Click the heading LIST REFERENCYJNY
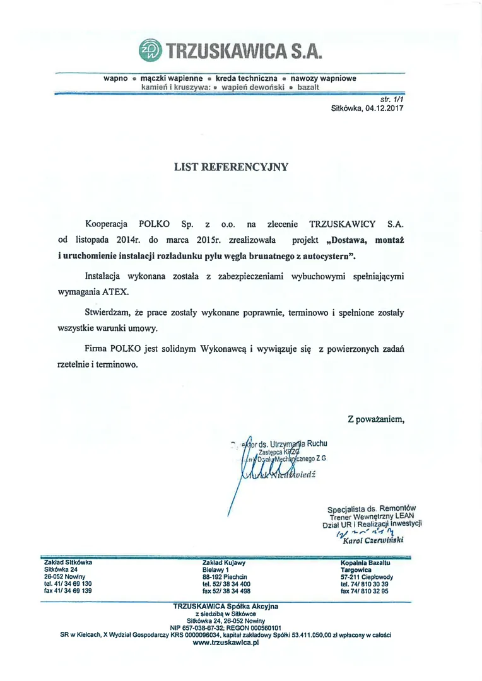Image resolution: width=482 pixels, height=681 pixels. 231,167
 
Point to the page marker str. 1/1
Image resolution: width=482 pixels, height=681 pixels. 392,100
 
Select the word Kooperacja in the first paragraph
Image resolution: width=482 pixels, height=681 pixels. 107,224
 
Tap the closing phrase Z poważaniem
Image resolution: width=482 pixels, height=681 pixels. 375,419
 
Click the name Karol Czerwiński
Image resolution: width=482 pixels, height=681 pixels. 372,540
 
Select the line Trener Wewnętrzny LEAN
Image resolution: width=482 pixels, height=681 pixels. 372,515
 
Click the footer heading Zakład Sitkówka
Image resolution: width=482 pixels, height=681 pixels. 68,562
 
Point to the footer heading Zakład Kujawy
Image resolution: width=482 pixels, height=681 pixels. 224,562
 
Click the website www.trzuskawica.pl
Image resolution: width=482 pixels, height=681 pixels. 226,643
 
